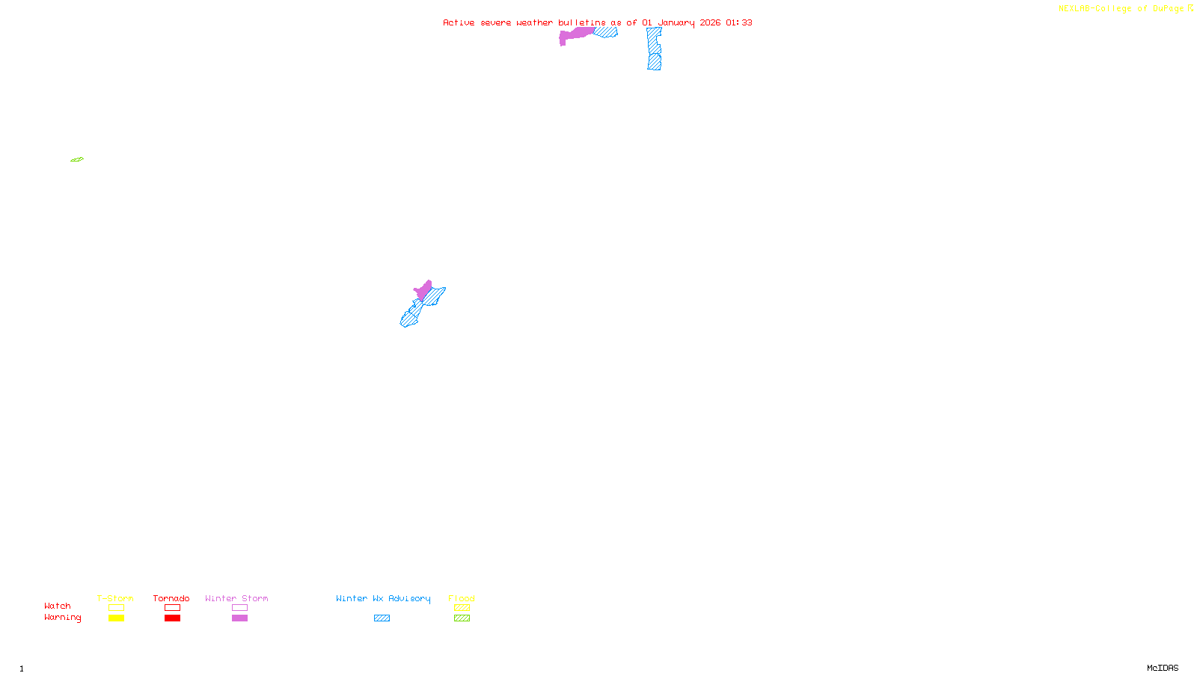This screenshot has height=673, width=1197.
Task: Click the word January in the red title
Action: [x=676, y=22]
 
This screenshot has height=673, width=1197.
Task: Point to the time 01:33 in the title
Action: [x=738, y=22]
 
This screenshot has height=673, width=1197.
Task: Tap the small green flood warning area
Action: [x=77, y=159]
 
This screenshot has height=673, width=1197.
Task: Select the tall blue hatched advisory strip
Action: [x=655, y=49]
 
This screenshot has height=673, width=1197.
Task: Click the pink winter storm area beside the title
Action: [x=575, y=34]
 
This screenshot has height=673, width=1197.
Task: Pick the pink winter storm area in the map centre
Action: [x=424, y=289]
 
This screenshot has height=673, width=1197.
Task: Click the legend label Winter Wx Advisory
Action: [x=383, y=598]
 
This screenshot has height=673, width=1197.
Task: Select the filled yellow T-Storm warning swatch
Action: [x=116, y=618]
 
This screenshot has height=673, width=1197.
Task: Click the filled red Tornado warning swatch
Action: [x=172, y=618]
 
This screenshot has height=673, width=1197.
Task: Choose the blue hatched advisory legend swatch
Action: [x=382, y=618]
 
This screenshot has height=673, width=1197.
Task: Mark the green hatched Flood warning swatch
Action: [x=462, y=618]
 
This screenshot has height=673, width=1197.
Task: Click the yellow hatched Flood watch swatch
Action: [x=462, y=608]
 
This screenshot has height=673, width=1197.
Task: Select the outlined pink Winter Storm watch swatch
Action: [x=239, y=608]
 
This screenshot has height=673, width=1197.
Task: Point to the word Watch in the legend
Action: [x=58, y=606]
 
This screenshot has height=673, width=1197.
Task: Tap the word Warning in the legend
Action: [x=62, y=618]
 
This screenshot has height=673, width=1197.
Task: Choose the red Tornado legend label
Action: [x=171, y=598]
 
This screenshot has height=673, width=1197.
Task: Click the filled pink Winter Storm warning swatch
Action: [x=239, y=618]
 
